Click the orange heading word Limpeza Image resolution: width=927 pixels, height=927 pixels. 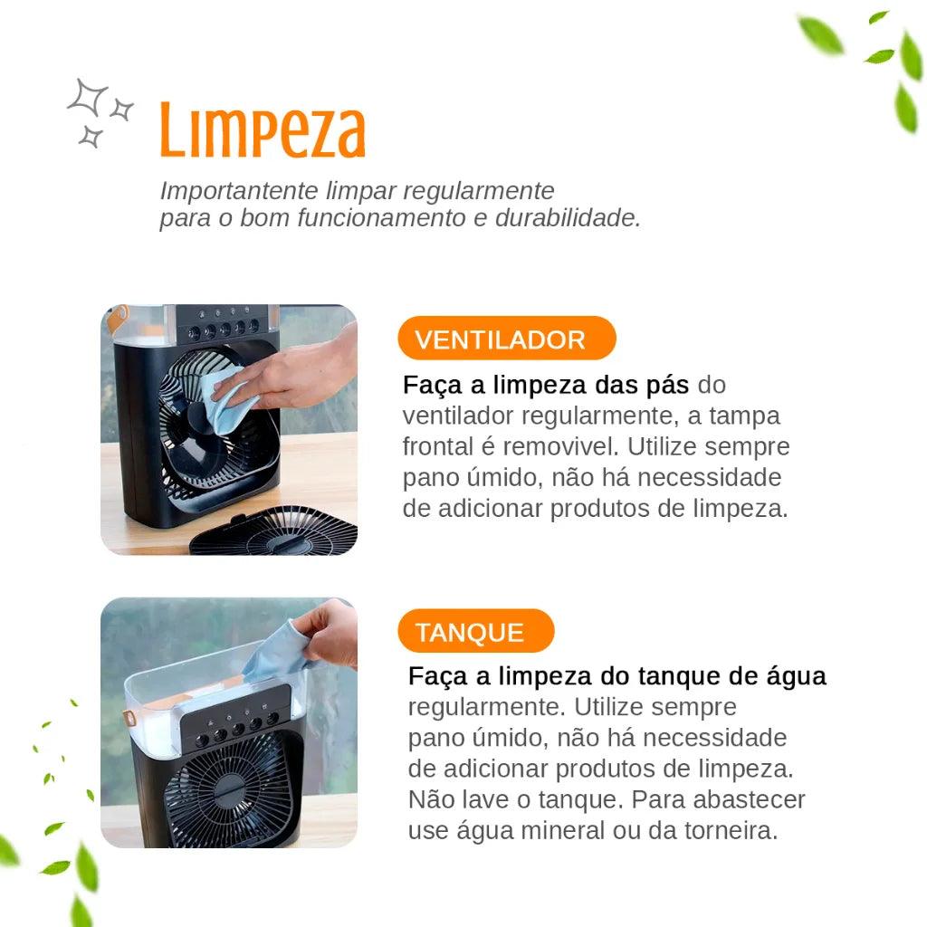263,132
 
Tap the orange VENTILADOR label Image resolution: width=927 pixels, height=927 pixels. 501,339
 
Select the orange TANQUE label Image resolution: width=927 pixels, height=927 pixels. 470,632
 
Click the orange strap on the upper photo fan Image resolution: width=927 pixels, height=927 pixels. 119,317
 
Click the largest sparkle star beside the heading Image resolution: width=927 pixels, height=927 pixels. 88,97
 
